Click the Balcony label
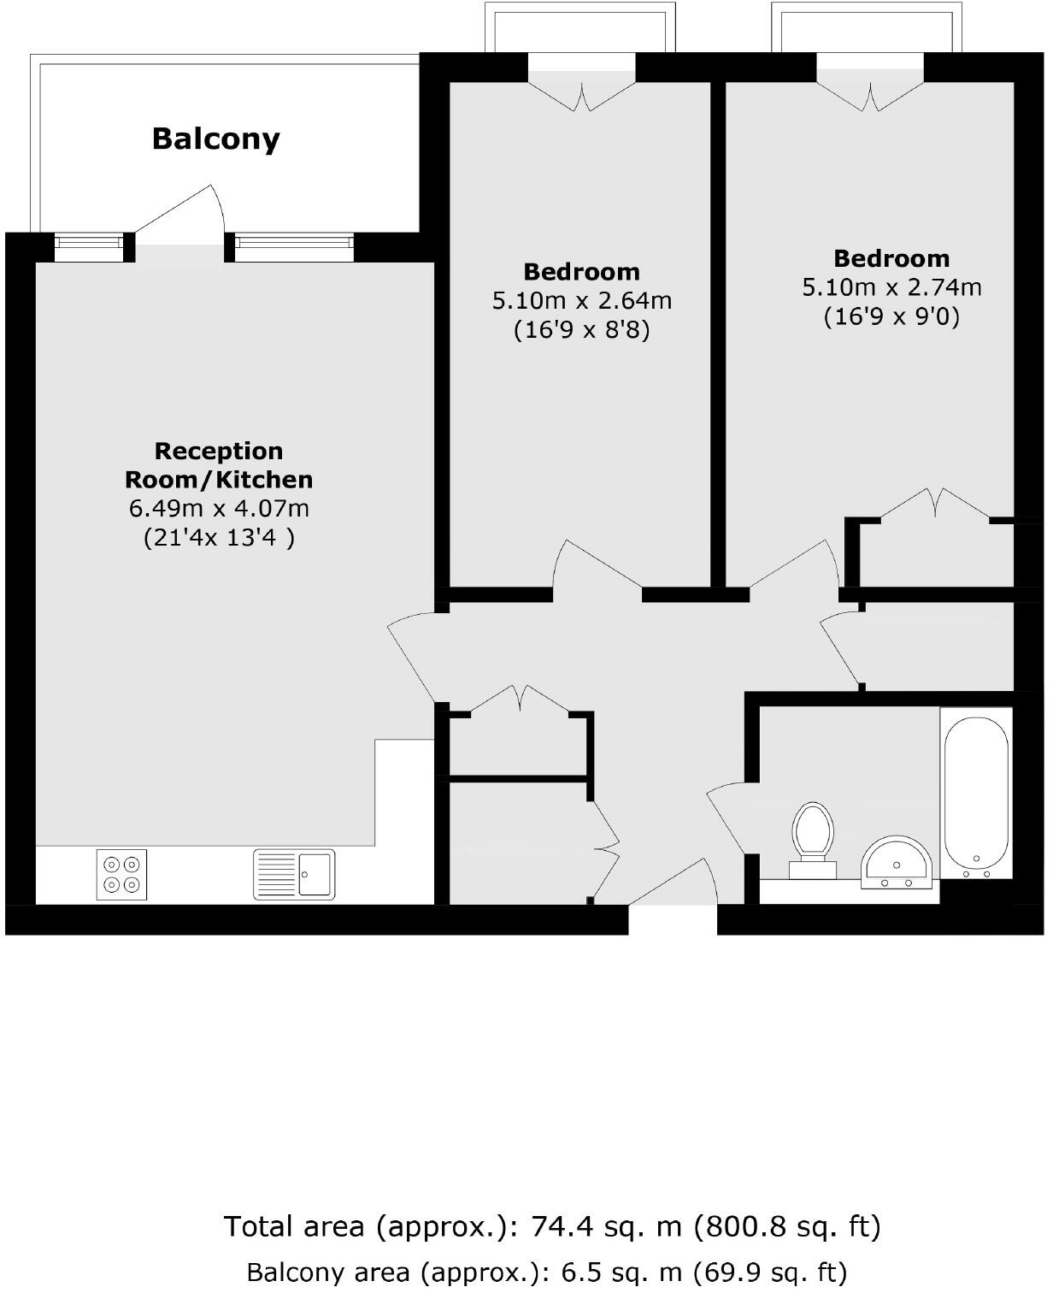pyautogui.click(x=215, y=139)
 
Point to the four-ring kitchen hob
pyautogui.click(x=121, y=874)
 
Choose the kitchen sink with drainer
pyautogui.click(x=294, y=874)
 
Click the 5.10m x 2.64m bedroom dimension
pyautogui.click(x=581, y=301)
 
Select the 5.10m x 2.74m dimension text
pyautogui.click(x=891, y=287)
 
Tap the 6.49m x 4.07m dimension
pyautogui.click(x=219, y=509)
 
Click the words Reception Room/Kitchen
pyautogui.click(x=219, y=464)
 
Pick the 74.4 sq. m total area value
pyautogui.click(x=606, y=1227)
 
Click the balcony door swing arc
pyautogui.click(x=184, y=210)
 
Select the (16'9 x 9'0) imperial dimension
pyautogui.click(x=891, y=317)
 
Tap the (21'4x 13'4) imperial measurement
pyautogui.click(x=219, y=538)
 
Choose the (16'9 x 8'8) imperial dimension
pyautogui.click(x=581, y=330)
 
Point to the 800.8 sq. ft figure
pyautogui.click(x=786, y=1227)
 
